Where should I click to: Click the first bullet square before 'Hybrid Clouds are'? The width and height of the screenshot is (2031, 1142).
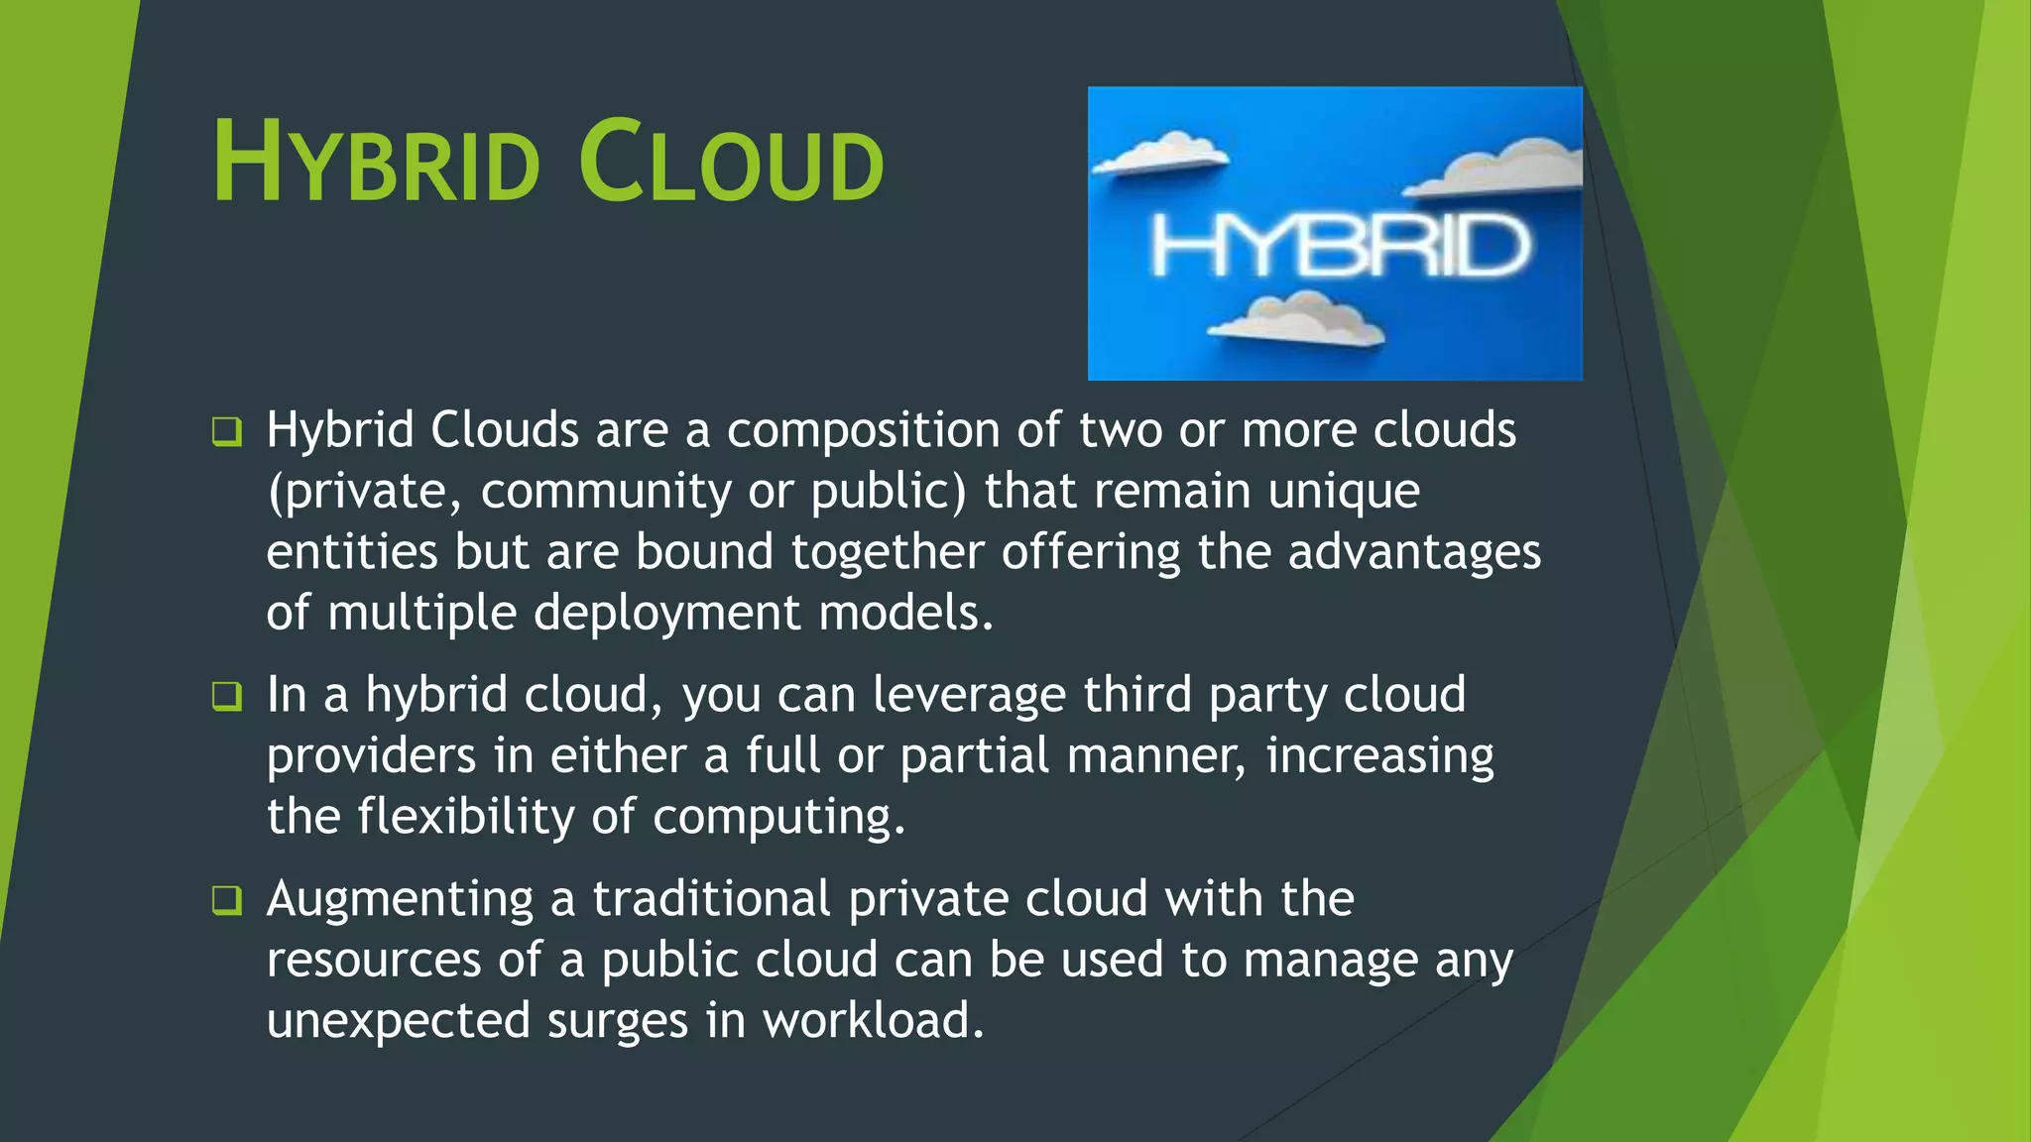point(227,432)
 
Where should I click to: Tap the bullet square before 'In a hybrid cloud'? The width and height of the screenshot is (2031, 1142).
point(227,697)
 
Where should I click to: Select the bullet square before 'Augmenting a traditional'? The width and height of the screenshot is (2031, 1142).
point(227,901)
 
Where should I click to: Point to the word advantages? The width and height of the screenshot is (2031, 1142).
point(1414,553)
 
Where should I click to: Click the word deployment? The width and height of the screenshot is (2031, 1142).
point(666,614)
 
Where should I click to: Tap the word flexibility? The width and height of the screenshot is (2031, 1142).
point(465,818)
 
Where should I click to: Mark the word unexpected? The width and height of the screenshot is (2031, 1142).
point(398,1022)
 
